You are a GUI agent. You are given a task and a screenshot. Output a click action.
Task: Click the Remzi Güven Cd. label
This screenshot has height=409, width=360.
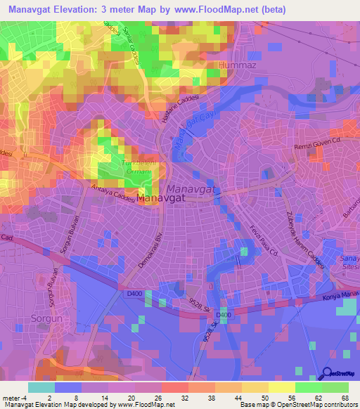tap(316, 141)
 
